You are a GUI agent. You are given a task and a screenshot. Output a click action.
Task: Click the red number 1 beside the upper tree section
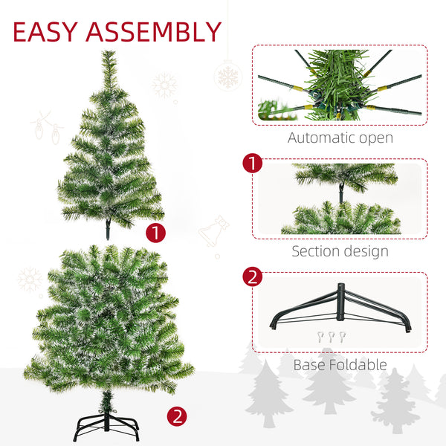coord(155,233)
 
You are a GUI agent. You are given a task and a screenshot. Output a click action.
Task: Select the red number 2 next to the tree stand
coord(177,416)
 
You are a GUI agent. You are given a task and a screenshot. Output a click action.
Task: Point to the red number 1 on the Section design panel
coord(252,164)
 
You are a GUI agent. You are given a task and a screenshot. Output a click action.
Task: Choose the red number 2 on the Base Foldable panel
coord(252,277)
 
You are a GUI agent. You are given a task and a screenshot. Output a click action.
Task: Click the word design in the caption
coord(365,251)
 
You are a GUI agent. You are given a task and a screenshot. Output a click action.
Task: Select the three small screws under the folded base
coord(332,337)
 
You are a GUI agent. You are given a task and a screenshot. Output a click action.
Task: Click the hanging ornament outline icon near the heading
coord(226,74)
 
